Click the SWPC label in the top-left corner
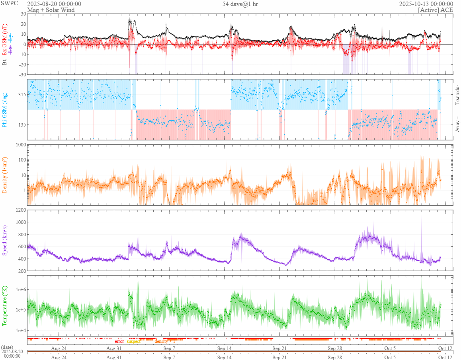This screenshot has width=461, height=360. (9, 4)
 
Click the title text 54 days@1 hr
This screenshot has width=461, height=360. (242, 4)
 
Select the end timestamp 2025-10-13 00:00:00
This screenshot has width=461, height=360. (426, 4)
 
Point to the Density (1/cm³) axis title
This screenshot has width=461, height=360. (5, 175)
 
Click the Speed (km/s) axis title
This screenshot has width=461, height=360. (5, 240)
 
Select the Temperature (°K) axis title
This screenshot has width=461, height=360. (5, 306)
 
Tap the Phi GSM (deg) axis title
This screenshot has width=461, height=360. (5, 110)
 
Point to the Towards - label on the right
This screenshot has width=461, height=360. (457, 95)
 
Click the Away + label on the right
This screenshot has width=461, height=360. (457, 124)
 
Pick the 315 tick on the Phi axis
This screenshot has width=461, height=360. (21, 95)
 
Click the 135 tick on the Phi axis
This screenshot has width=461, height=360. (21, 125)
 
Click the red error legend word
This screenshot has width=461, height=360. (119, 341)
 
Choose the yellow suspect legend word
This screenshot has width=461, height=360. (134, 341)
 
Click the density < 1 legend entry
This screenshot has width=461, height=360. (165, 341)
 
